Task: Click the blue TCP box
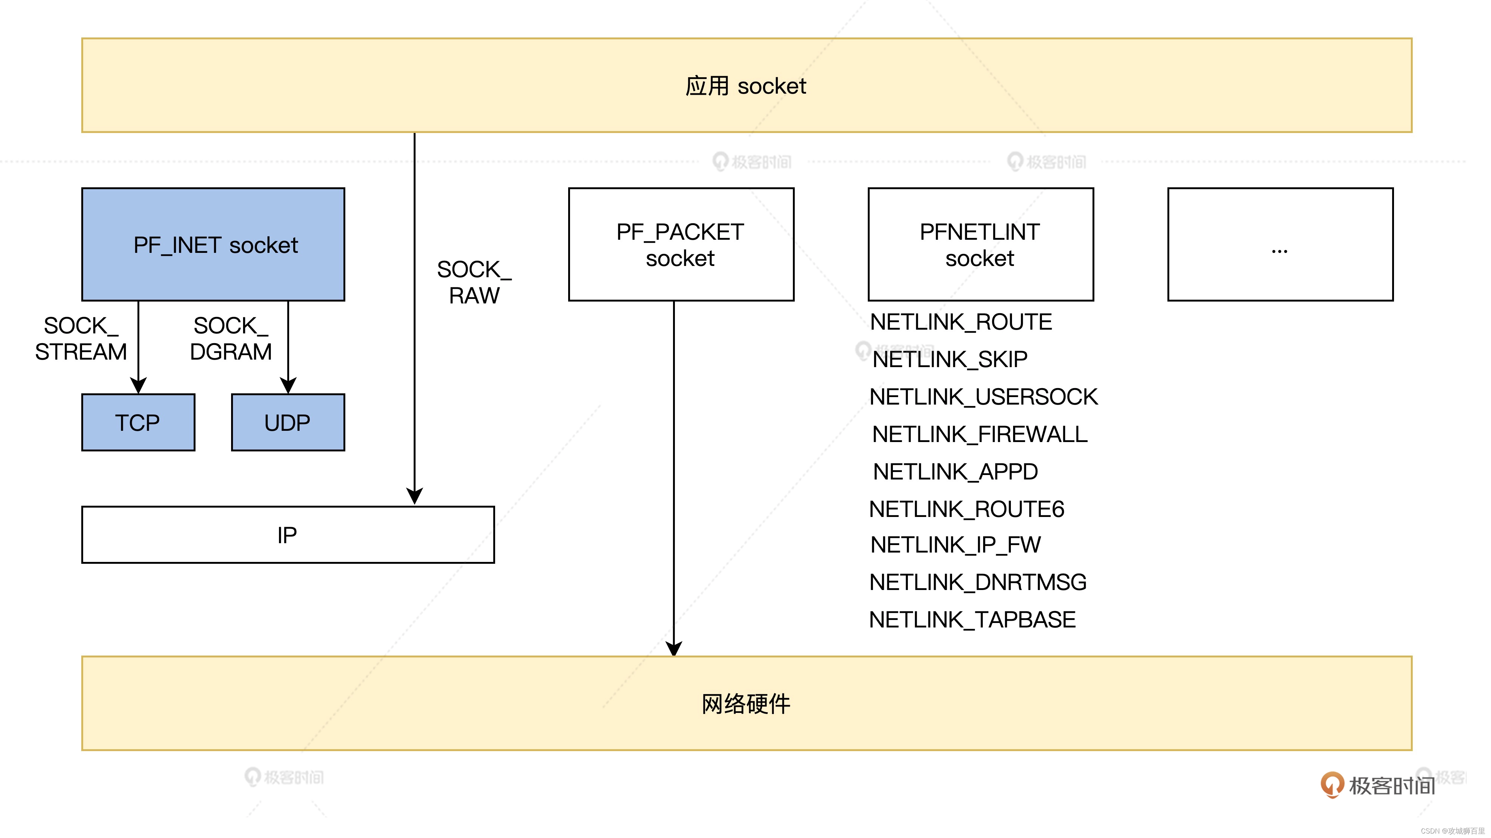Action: point(138,423)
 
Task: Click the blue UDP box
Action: point(288,423)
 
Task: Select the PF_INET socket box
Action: point(213,244)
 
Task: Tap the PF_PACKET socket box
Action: point(681,244)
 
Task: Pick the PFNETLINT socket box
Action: point(981,244)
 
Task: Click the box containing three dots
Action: point(1280,244)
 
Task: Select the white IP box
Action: point(288,535)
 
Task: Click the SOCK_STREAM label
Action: point(81,339)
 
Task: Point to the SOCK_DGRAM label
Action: point(230,339)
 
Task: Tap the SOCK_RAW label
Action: point(474,282)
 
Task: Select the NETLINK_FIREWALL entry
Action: point(979,434)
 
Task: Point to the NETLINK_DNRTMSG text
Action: point(978,582)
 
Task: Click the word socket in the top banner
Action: point(772,86)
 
